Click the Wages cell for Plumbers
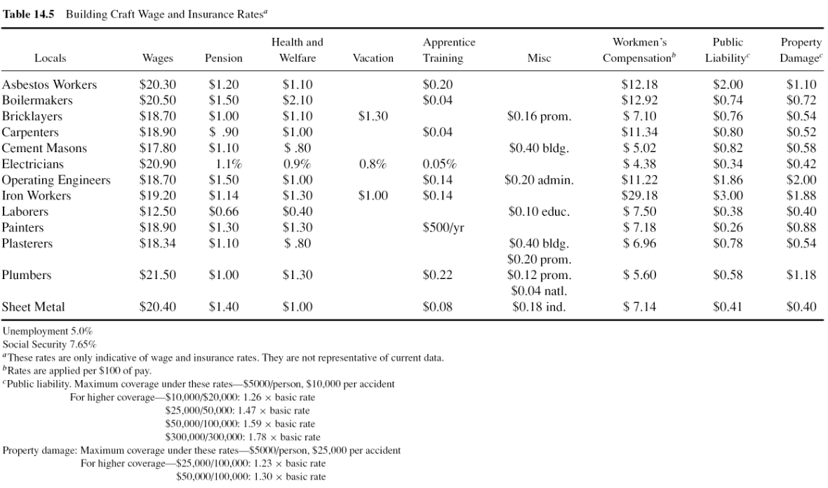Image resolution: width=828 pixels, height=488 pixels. (157, 275)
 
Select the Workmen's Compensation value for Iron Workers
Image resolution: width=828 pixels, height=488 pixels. (639, 196)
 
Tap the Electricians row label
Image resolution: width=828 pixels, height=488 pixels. (33, 164)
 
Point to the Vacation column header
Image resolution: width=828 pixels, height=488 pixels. (373, 58)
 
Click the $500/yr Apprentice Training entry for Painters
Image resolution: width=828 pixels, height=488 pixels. (443, 228)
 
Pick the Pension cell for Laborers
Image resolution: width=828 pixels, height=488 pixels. (223, 212)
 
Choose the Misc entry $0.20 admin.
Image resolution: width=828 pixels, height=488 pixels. (539, 180)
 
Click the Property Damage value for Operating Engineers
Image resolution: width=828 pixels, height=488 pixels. (801, 180)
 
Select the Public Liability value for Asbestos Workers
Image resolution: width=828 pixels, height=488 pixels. (728, 84)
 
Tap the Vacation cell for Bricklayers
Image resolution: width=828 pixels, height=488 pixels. (373, 116)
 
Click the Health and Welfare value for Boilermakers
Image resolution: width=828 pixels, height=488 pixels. (298, 100)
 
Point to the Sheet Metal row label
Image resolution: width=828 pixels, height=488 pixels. (33, 306)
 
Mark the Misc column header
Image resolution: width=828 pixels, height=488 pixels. (539, 58)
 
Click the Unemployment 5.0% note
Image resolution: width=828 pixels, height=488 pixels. (48, 332)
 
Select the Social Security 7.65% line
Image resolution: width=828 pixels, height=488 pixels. (50, 344)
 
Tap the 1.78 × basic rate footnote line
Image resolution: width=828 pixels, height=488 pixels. (243, 437)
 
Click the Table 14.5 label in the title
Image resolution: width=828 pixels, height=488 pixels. (29, 14)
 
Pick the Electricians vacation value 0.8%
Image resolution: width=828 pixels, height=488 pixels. (373, 164)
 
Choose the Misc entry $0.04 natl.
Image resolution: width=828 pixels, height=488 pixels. (539, 291)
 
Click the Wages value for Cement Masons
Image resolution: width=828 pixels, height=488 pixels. (157, 148)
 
